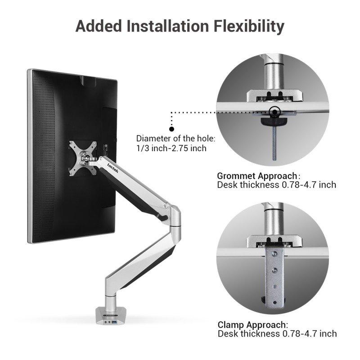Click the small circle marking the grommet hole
coord(273,111)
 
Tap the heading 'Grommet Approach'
coord(257,175)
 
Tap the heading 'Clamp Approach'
coord(252,324)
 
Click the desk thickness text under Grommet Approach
coord(276,184)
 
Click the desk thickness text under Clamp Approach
coord(277,333)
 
